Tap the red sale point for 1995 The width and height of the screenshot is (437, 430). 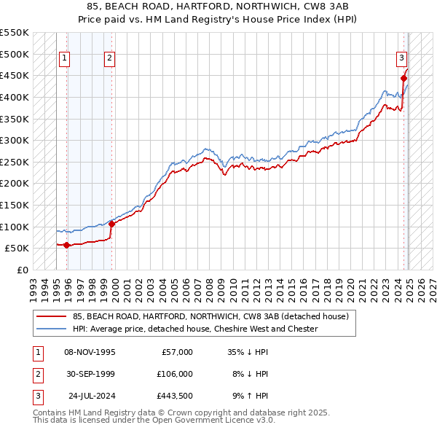(67, 245)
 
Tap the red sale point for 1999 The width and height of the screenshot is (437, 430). (112, 224)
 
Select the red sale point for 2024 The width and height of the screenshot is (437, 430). (403, 79)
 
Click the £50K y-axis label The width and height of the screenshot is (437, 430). (17, 249)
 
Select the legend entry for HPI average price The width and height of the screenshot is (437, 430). (195, 329)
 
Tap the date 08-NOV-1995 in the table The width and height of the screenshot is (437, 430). (89, 352)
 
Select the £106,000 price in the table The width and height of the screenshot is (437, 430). (176, 373)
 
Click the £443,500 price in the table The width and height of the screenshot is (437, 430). (176, 395)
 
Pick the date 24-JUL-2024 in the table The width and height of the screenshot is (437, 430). (89, 395)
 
